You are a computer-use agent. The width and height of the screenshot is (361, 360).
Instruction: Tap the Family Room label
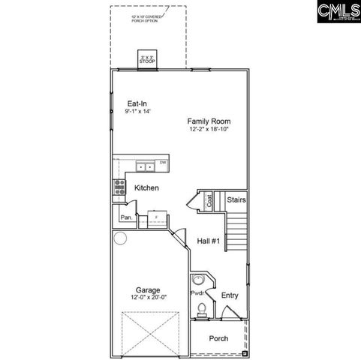pyautogui.click(x=209, y=121)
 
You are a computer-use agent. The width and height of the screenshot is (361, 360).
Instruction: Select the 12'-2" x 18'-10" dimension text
pyautogui.click(x=209, y=129)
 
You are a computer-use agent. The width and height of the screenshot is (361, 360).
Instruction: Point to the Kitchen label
pyautogui.click(x=146, y=188)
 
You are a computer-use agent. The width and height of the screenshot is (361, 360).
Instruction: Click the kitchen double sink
pyautogui.click(x=146, y=166)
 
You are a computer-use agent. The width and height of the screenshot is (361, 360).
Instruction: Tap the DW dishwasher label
pyautogui.click(x=162, y=163)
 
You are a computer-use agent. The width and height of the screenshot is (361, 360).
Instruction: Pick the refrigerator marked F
pyautogui.click(x=156, y=217)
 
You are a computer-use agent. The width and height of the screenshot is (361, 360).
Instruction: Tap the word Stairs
pyautogui.click(x=236, y=200)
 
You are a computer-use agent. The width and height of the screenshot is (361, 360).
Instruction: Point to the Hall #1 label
pyautogui.click(x=209, y=241)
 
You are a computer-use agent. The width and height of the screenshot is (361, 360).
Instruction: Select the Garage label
pyautogui.click(x=147, y=289)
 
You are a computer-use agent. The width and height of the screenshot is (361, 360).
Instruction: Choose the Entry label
pyautogui.click(x=230, y=295)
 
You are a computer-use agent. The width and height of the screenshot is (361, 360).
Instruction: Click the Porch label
pyautogui.click(x=218, y=338)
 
